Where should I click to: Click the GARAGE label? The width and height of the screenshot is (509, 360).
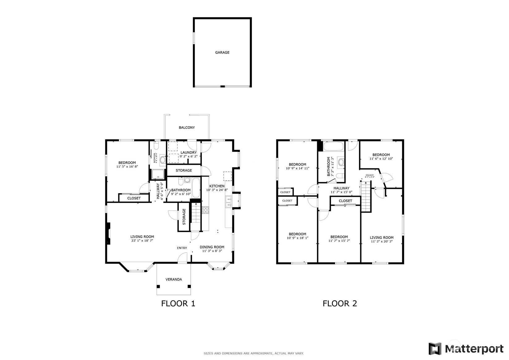click(x=222, y=53)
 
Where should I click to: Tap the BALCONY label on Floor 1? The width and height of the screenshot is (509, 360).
click(x=187, y=127)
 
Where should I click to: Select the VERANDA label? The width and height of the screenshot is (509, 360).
click(x=174, y=279)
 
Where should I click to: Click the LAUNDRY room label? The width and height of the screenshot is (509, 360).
click(x=188, y=152)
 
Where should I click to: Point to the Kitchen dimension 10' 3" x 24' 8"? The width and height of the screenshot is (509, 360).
click(x=217, y=190)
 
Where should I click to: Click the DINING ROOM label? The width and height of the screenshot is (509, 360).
click(x=212, y=247)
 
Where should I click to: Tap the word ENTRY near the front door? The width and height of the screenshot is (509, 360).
click(x=182, y=248)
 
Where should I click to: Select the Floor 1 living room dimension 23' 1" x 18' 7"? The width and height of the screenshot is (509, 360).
click(x=142, y=240)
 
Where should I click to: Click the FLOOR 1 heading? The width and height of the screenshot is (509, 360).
click(x=178, y=303)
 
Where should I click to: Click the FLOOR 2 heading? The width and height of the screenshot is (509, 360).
click(x=340, y=303)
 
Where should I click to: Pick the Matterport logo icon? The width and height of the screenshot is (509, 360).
click(x=435, y=349)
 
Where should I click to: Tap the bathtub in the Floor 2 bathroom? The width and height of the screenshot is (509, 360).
click(x=333, y=146)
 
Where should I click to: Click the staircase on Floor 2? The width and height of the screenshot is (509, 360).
click(x=366, y=196)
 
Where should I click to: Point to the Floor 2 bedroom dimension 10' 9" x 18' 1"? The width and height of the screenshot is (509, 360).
click(x=298, y=238)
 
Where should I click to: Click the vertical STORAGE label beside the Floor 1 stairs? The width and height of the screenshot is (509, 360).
click(x=184, y=216)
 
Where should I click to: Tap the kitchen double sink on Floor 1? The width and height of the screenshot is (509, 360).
click(x=228, y=202)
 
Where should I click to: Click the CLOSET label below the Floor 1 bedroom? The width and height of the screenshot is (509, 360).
click(x=134, y=198)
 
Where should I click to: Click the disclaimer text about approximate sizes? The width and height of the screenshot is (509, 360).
click(x=253, y=353)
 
